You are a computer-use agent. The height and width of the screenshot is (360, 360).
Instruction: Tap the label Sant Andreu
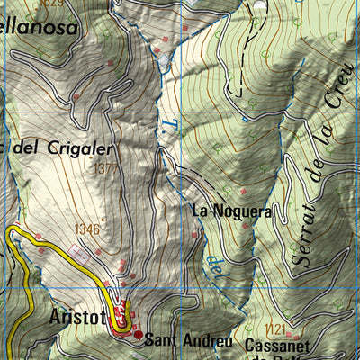[189, 340]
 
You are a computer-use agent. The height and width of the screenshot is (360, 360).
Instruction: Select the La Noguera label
[231, 211]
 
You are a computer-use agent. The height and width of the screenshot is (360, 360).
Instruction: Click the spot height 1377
[104, 167]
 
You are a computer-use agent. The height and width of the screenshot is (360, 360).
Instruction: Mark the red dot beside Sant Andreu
[138, 335]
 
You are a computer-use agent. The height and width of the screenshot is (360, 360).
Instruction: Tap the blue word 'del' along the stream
[215, 266]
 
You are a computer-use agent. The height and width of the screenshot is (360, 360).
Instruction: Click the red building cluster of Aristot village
[121, 319]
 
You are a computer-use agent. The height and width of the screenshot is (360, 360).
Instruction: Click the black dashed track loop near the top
[241, 63]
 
